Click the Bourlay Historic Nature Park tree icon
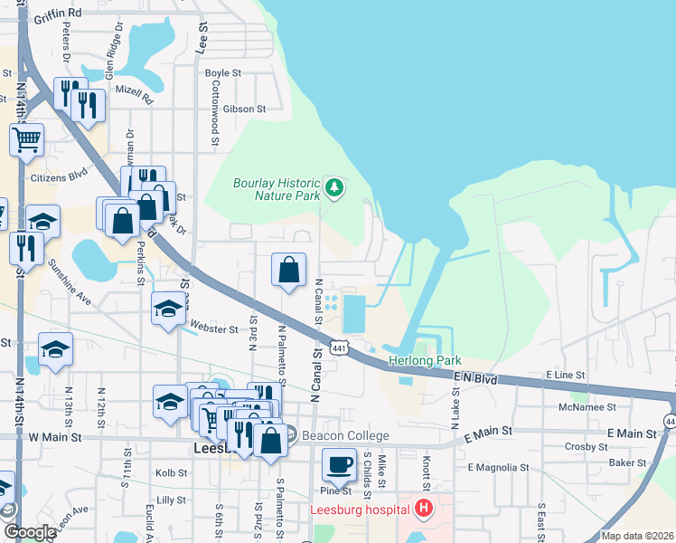(335, 187)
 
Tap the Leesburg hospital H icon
(423, 509)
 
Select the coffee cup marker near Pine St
(339, 465)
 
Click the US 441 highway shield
(339, 348)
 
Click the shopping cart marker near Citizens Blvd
(27, 139)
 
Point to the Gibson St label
(244, 109)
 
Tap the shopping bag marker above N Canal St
(288, 269)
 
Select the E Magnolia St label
(498, 468)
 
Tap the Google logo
(30, 532)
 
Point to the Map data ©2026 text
(636, 536)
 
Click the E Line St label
(566, 375)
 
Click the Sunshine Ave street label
(70, 281)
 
